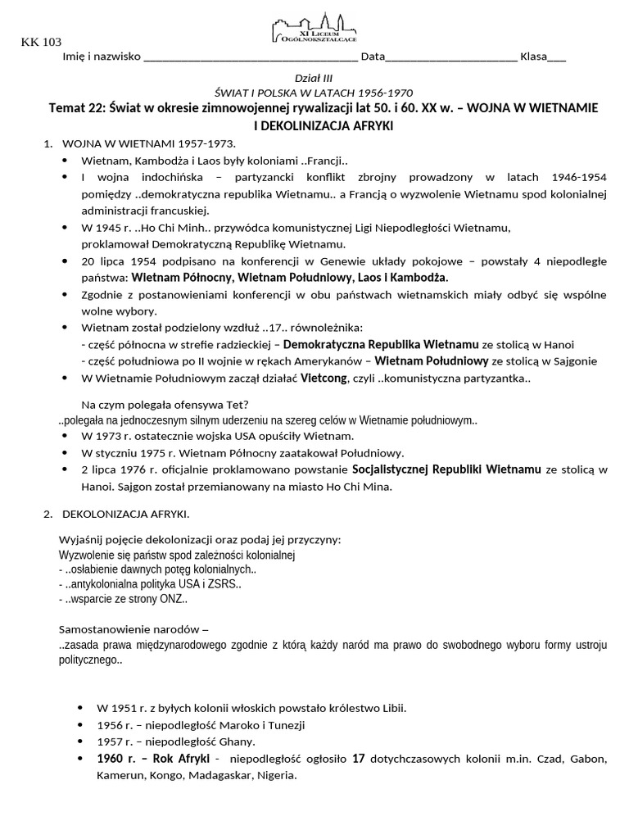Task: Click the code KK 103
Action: click(41, 43)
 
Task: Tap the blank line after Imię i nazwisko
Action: click(250, 57)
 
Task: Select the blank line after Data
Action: click(450, 57)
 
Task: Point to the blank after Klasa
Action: click(556, 57)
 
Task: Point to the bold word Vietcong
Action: click(324, 379)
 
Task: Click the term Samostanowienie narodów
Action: click(129, 629)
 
